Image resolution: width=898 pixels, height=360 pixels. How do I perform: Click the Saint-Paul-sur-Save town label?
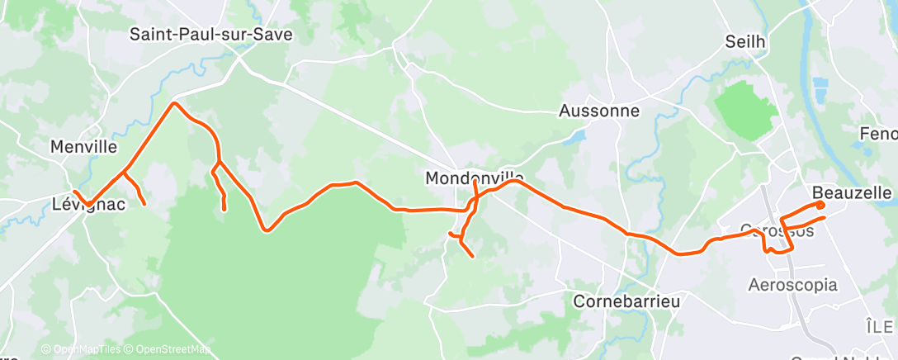212,34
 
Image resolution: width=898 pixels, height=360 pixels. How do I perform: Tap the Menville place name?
83,147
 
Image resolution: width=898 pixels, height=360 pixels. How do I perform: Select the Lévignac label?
88,204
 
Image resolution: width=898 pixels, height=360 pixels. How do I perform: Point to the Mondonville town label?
474,178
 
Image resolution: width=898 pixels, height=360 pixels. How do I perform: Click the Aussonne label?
599,110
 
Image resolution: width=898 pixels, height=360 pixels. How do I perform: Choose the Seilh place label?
745,41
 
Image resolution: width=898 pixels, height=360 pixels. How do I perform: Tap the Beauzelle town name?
852,192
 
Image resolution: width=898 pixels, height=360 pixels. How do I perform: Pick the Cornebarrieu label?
626,301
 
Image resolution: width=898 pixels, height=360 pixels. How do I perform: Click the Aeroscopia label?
792,285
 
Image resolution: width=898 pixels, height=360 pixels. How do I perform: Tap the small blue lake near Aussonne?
579,135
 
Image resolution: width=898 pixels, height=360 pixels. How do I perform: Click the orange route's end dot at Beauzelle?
820,204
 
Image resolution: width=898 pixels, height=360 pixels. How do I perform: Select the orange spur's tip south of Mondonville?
472,256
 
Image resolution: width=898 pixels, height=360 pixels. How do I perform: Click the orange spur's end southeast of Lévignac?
144,203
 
